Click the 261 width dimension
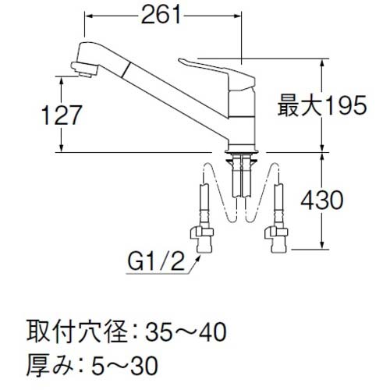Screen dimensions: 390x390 click(163, 15)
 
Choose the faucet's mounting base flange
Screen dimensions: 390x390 click(241, 145)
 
